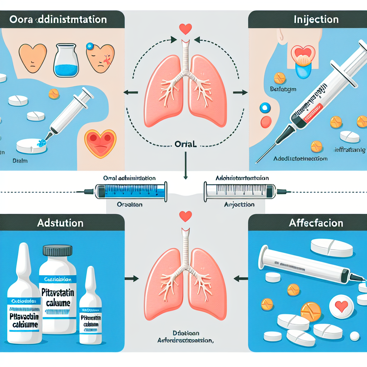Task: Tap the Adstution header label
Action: (60, 223)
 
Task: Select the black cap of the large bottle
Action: (57, 250)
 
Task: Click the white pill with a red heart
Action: (341, 306)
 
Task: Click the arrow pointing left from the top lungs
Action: (128, 93)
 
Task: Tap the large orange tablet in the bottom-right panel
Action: (310, 311)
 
